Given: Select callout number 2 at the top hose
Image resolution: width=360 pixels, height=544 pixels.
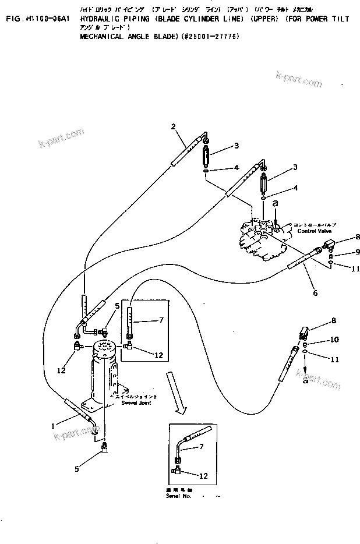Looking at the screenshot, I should click(x=173, y=126).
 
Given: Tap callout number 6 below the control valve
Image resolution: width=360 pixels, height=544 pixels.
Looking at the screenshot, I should click(x=315, y=293).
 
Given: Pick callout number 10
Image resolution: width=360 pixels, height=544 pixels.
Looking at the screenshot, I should click(x=334, y=340).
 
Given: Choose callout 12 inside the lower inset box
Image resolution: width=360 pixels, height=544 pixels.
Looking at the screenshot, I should click(x=203, y=475).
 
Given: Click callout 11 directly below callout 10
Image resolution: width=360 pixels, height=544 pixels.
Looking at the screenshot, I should click(x=334, y=359).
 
